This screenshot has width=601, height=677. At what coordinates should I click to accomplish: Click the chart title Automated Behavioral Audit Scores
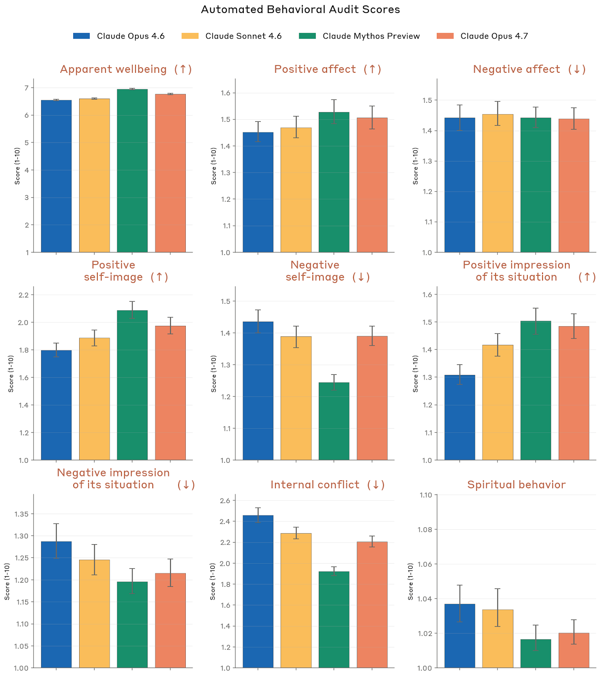click(300, 10)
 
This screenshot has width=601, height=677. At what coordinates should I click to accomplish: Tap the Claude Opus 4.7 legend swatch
click(445, 36)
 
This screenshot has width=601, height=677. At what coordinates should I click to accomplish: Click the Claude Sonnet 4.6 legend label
click(243, 36)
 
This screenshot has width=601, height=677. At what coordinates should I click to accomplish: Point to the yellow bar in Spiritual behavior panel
click(498, 638)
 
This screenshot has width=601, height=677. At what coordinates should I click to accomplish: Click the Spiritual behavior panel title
click(516, 484)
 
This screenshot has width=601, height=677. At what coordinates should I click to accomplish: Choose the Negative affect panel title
click(529, 69)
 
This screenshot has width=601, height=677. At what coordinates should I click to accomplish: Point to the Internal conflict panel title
click(327, 484)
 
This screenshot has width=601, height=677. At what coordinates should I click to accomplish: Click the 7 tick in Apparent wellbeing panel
click(26, 88)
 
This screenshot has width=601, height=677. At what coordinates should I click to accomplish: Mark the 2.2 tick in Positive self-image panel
click(23, 295)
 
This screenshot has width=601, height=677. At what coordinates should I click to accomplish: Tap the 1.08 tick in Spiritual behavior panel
click(424, 529)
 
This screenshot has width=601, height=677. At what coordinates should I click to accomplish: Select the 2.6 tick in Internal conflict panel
click(225, 501)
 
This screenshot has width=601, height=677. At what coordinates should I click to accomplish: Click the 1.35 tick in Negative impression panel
click(21, 514)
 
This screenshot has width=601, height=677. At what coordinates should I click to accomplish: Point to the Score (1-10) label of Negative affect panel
click(416, 165)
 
